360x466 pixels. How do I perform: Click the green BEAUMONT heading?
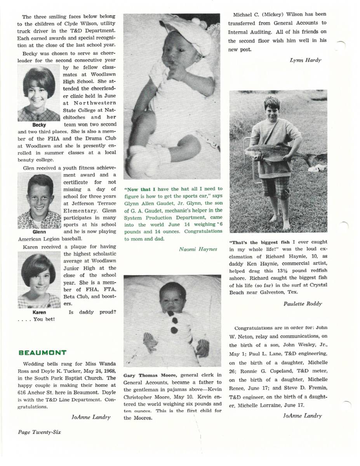42,353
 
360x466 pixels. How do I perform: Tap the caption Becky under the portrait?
39,125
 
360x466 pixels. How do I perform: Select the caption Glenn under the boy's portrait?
39,232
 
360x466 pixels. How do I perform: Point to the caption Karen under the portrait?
39,312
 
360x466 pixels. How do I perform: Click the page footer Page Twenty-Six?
39,432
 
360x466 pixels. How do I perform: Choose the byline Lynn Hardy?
305,60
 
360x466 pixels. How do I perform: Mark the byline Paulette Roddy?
303,304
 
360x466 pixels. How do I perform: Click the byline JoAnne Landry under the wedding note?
91,417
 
